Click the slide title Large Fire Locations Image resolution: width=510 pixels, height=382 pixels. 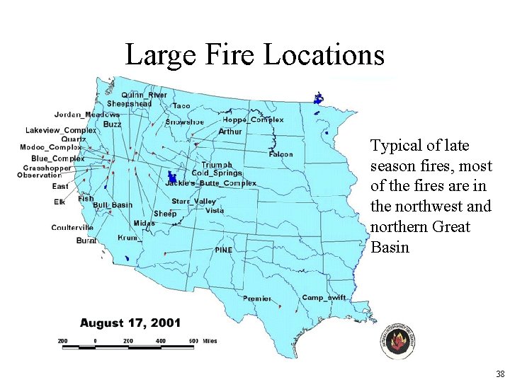pos(255,54)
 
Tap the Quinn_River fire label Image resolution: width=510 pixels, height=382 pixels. pos(144,95)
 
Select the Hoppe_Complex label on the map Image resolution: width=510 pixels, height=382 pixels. pos(253,120)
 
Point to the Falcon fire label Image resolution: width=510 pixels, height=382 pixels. pos(281,154)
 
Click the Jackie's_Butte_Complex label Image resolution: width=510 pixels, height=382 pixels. pos(210,183)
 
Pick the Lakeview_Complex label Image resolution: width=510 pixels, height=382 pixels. pos(61,130)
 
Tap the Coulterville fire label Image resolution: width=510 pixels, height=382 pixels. pos(72,228)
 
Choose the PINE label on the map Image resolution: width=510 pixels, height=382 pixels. pos(224,250)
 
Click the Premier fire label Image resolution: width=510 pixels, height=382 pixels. pos(256,299)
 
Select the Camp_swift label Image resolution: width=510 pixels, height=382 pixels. pos(324,298)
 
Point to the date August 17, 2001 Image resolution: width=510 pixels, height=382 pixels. pos(130,323)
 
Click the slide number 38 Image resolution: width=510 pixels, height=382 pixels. pos(500,374)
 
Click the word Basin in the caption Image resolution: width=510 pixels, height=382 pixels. pos(390,248)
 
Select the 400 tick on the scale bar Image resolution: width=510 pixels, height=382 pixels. pos(161,341)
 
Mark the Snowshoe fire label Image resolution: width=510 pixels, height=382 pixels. pos(184,122)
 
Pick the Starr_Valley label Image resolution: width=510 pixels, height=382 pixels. pos(193,202)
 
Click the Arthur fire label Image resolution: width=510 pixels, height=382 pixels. pos(230,132)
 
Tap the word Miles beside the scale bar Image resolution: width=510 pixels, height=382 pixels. pos(209,341)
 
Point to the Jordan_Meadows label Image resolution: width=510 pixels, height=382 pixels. pos(87,115)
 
